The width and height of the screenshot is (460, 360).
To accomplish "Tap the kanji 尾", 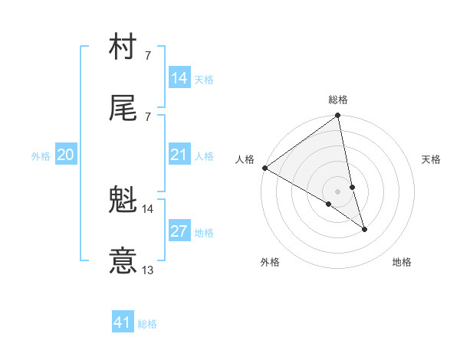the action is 123,108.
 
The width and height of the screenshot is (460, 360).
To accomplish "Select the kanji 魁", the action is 123,200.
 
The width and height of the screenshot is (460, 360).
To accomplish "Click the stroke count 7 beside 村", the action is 147,56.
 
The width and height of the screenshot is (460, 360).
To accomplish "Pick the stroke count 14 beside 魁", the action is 148,208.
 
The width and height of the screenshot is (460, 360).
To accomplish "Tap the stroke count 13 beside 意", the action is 148,270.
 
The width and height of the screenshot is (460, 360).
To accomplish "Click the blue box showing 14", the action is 179,77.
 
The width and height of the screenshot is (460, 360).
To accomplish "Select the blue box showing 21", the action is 179,155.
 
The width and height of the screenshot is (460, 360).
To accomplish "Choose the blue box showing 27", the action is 179,231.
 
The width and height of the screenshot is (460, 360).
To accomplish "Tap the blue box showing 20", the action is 65,155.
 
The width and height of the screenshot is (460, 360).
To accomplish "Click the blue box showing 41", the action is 123,322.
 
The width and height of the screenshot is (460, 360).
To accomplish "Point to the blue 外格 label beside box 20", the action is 41,156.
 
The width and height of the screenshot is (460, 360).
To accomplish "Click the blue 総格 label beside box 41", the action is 147,324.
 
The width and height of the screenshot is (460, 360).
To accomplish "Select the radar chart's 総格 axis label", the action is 338,100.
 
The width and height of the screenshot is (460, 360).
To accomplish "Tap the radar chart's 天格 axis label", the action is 432,159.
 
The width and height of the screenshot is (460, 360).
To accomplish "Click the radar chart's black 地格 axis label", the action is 402,262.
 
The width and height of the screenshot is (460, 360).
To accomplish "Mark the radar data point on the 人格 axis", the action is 264,168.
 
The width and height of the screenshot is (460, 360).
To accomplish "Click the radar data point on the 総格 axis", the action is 338,116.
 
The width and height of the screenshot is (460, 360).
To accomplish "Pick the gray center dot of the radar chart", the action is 338,191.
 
